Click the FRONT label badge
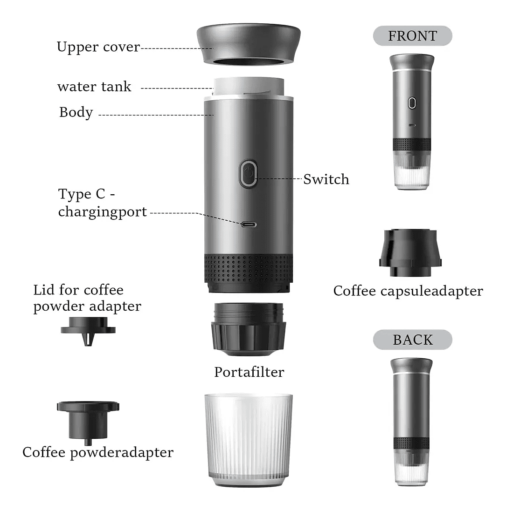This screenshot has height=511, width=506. [412, 35]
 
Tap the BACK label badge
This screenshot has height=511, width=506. [412, 340]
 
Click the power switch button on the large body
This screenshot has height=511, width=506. [249, 173]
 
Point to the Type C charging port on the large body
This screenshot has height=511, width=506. [249, 225]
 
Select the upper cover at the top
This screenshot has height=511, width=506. [249, 44]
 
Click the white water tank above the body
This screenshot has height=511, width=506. [249, 87]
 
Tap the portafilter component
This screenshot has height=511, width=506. [249, 329]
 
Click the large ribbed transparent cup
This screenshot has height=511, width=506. [249, 440]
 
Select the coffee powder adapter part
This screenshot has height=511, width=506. [88, 422]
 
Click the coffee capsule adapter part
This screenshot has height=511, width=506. [410, 252]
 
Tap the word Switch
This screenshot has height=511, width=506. [326, 179]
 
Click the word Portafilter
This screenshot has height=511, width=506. [249, 372]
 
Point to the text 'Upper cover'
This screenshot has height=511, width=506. [98, 47]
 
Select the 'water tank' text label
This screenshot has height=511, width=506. [94, 87]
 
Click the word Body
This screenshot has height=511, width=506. [76, 112]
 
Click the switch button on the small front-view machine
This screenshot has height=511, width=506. [412, 103]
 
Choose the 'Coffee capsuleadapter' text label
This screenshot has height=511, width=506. [408, 291]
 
